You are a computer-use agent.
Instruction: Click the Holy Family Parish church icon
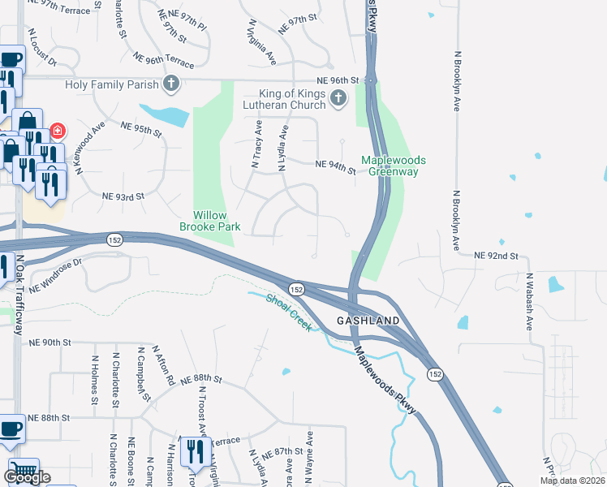171,83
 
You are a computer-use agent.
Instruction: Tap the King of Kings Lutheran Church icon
338,99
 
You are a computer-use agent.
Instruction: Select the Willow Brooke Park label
209,221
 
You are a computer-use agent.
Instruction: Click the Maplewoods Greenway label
394,166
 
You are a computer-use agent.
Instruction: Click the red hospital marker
58,130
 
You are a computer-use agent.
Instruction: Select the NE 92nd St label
496,256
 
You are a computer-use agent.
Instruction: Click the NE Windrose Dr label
56,276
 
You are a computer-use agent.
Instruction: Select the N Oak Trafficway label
19,295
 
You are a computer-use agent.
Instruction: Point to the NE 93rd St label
123,196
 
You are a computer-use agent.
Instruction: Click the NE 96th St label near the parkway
338,80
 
